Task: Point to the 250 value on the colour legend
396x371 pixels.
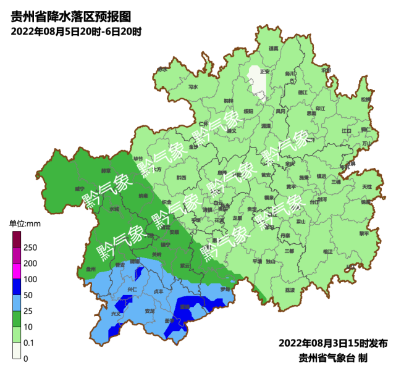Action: click(x=30, y=248)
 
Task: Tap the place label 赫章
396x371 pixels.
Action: click(x=106, y=171)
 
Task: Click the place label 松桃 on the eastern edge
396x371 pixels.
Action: click(x=366, y=99)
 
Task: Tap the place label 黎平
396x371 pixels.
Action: click(x=364, y=233)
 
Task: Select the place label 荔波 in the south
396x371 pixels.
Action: click(x=289, y=290)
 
